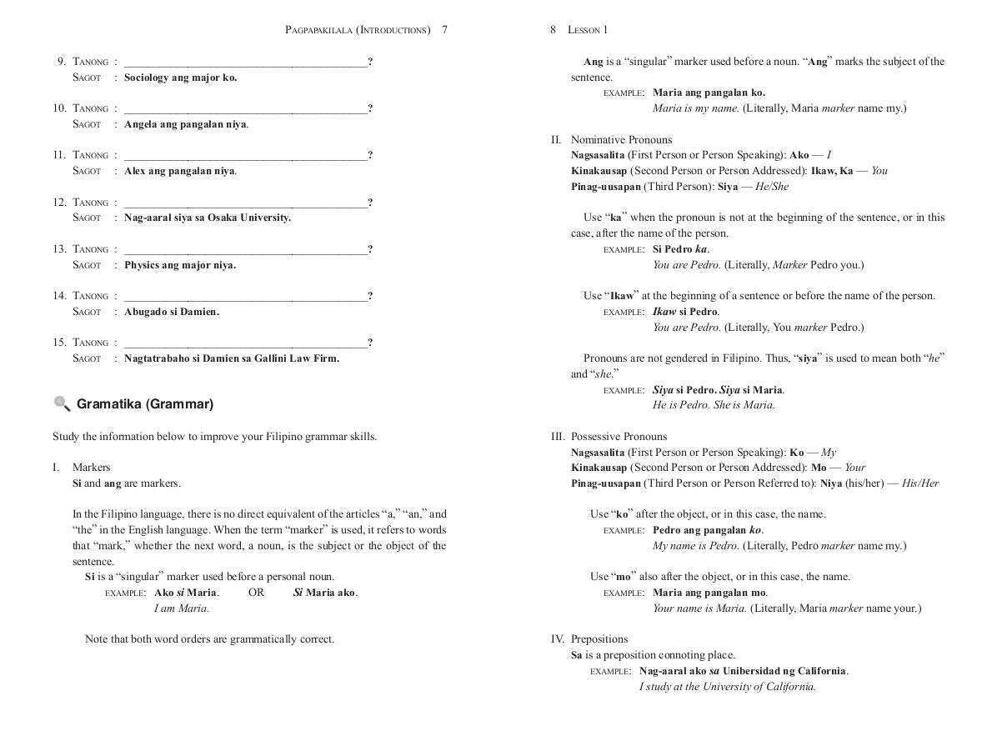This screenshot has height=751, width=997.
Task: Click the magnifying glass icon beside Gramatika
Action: pyautogui.click(x=62, y=404)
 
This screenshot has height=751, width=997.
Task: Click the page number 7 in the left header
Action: pyautogui.click(x=445, y=30)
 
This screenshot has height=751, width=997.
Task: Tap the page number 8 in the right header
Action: pyautogui.click(x=553, y=30)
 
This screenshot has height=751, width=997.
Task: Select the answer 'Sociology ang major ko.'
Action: pyautogui.click(x=180, y=78)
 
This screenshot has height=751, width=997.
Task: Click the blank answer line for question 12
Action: pyautogui.click(x=245, y=203)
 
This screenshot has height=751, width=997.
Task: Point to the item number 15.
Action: pyautogui.click(x=60, y=343)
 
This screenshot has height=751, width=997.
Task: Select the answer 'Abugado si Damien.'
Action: pyautogui.click(x=172, y=312)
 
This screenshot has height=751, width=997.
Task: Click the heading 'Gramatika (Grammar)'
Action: pyautogui.click(x=145, y=404)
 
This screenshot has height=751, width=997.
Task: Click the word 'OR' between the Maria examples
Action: pyautogui.click(x=256, y=593)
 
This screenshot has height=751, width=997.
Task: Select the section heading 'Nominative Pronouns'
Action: pyautogui.click(x=621, y=140)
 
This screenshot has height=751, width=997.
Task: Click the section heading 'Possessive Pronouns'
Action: pyautogui.click(x=619, y=437)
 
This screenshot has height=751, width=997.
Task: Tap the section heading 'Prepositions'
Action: pyautogui.click(x=599, y=639)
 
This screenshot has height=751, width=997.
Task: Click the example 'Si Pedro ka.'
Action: pyautogui.click(x=681, y=249)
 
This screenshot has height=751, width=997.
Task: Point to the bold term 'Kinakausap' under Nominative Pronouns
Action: pyautogui.click(x=599, y=171)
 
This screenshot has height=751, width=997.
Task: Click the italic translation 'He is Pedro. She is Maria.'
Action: pyautogui.click(x=714, y=405)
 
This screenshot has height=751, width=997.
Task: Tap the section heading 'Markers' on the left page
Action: pyautogui.click(x=91, y=468)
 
